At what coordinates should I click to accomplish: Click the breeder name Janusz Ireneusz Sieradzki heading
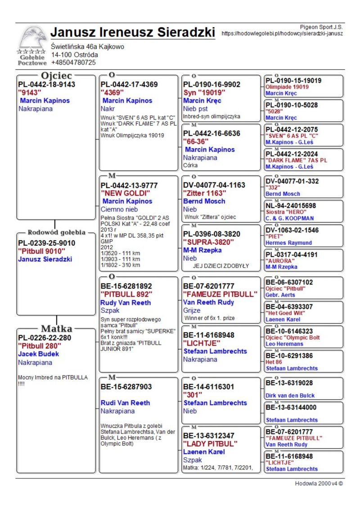pyautogui.click(x=133, y=32)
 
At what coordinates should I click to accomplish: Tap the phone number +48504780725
pyautogui.click(x=73, y=63)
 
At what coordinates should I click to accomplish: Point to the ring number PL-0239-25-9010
pyautogui.click(x=47, y=243)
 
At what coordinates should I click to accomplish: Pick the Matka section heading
pyautogui.click(x=57, y=328)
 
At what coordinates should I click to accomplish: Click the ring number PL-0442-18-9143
pyautogui.click(x=47, y=84)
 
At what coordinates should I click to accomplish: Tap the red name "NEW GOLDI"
pyautogui.click(x=125, y=193)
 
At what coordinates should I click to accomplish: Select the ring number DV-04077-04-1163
pyautogui.click(x=214, y=185)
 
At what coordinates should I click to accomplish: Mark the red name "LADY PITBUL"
pyautogui.click(x=210, y=443)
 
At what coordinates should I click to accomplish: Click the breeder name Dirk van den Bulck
pyautogui.click(x=290, y=396)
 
